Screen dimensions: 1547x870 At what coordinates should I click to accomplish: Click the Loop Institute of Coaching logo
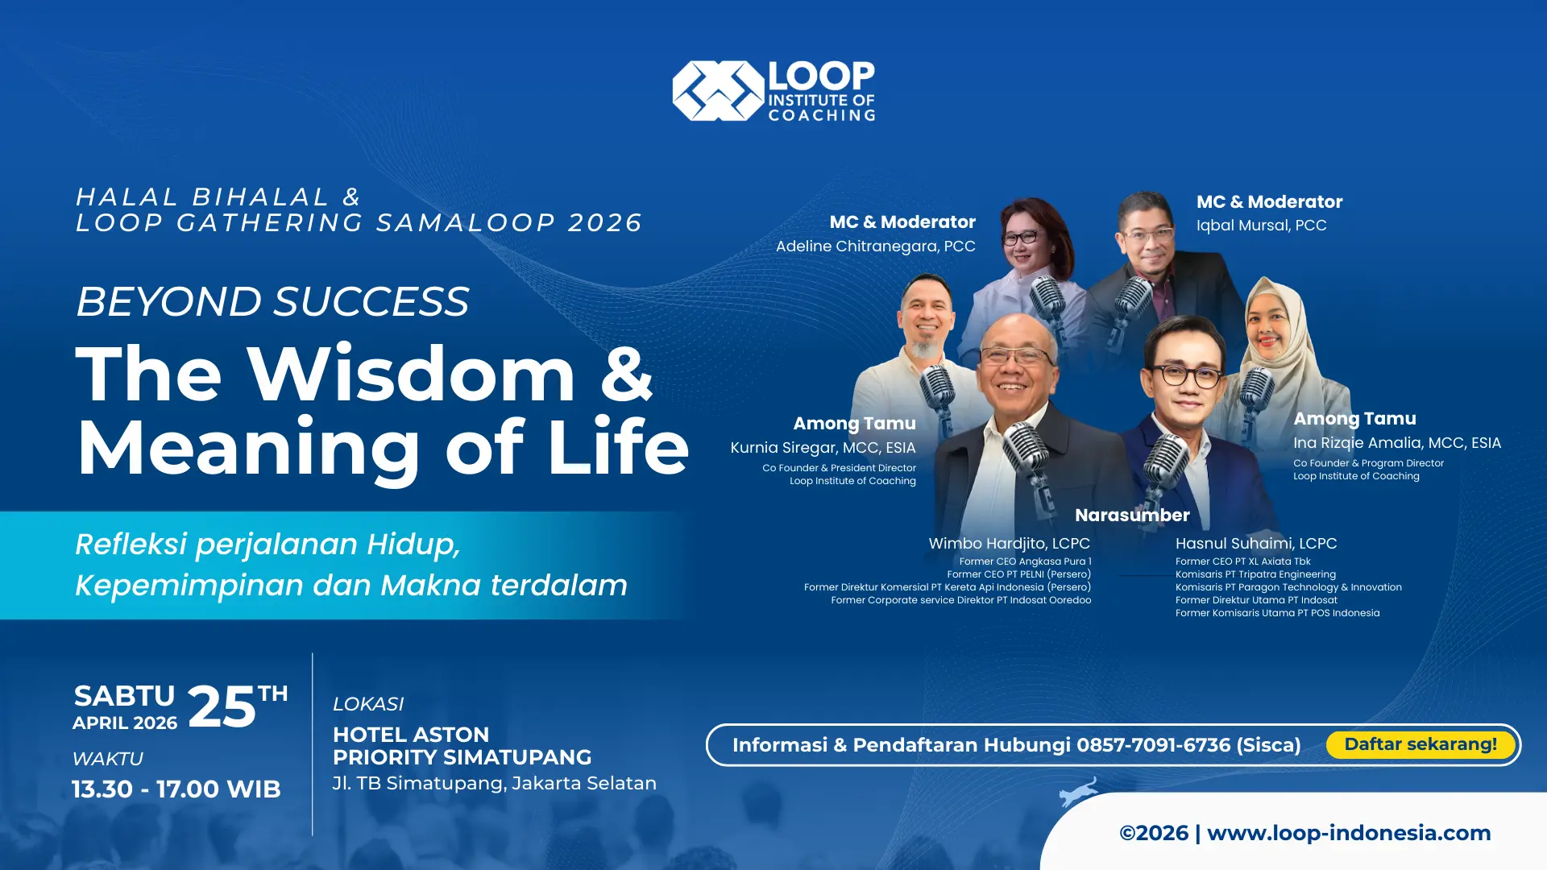(773, 91)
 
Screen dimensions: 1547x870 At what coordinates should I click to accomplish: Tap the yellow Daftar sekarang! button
(1421, 744)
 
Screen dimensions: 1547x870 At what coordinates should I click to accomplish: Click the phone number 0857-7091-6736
(1153, 745)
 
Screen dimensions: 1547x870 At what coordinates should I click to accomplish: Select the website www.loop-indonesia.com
(1349, 833)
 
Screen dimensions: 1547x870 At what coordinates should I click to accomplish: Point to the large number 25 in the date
(222, 707)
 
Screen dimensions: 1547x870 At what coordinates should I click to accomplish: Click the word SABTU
(124, 696)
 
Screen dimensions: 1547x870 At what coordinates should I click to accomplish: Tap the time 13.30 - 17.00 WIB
(176, 789)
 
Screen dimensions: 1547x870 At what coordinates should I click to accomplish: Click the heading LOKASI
(368, 704)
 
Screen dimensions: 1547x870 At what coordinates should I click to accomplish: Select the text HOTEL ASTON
(411, 735)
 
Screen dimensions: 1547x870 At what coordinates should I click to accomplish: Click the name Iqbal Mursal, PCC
(1261, 226)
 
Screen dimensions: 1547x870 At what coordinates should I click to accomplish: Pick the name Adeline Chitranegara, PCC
(875, 246)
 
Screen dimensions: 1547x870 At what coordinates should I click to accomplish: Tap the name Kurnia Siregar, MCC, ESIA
(823, 448)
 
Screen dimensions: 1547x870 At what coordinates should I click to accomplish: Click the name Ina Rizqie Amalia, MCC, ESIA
(1397, 443)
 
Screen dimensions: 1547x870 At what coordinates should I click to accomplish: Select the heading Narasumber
(1132, 516)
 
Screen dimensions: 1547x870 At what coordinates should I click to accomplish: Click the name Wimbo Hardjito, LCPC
(1009, 544)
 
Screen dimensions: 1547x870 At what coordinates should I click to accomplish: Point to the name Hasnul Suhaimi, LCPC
(1256, 544)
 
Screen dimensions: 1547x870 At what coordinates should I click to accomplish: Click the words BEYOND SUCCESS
(272, 302)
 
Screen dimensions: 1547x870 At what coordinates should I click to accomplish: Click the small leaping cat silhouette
(1079, 792)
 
